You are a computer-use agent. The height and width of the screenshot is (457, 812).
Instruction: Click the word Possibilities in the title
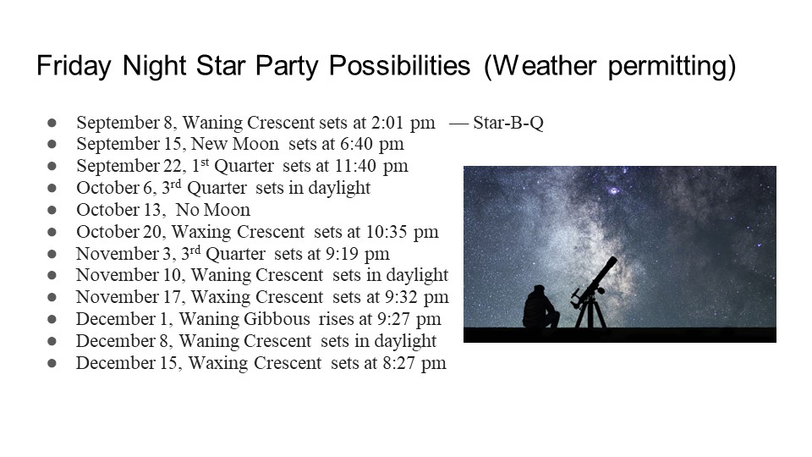(400, 66)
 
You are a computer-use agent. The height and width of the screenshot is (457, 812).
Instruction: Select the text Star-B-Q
(508, 123)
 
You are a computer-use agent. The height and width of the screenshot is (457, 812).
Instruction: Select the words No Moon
(213, 210)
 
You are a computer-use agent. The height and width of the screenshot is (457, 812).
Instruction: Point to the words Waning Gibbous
(244, 319)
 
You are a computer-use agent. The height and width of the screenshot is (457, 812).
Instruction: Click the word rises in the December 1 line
(335, 319)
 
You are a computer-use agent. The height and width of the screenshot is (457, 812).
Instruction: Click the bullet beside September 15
(52, 144)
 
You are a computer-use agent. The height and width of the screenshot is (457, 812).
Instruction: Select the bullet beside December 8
(52, 341)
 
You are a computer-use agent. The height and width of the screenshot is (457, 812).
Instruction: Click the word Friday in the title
(74, 66)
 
